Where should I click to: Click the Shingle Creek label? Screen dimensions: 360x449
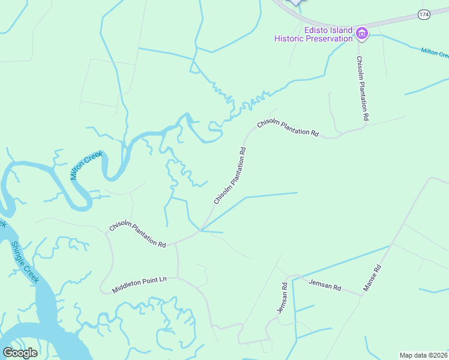click(x=25, y=262)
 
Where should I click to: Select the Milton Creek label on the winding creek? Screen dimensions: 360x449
click(x=86, y=166)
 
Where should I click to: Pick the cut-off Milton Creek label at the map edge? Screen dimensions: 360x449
click(x=435, y=53)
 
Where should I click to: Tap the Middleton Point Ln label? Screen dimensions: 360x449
click(x=147, y=285)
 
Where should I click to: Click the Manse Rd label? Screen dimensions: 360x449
click(x=372, y=278)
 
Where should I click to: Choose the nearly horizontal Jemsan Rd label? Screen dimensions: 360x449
click(x=325, y=285)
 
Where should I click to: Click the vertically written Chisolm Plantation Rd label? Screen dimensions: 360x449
click(x=362, y=89)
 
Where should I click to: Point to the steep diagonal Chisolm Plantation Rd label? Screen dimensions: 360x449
click(x=231, y=175)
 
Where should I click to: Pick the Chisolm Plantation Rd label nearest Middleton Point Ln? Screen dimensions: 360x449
click(x=137, y=235)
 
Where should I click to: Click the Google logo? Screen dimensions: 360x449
click(x=20, y=353)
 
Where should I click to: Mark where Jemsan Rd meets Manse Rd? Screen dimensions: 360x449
click(x=362, y=295)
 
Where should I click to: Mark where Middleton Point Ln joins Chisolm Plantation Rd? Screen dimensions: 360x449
click(x=177, y=244)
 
